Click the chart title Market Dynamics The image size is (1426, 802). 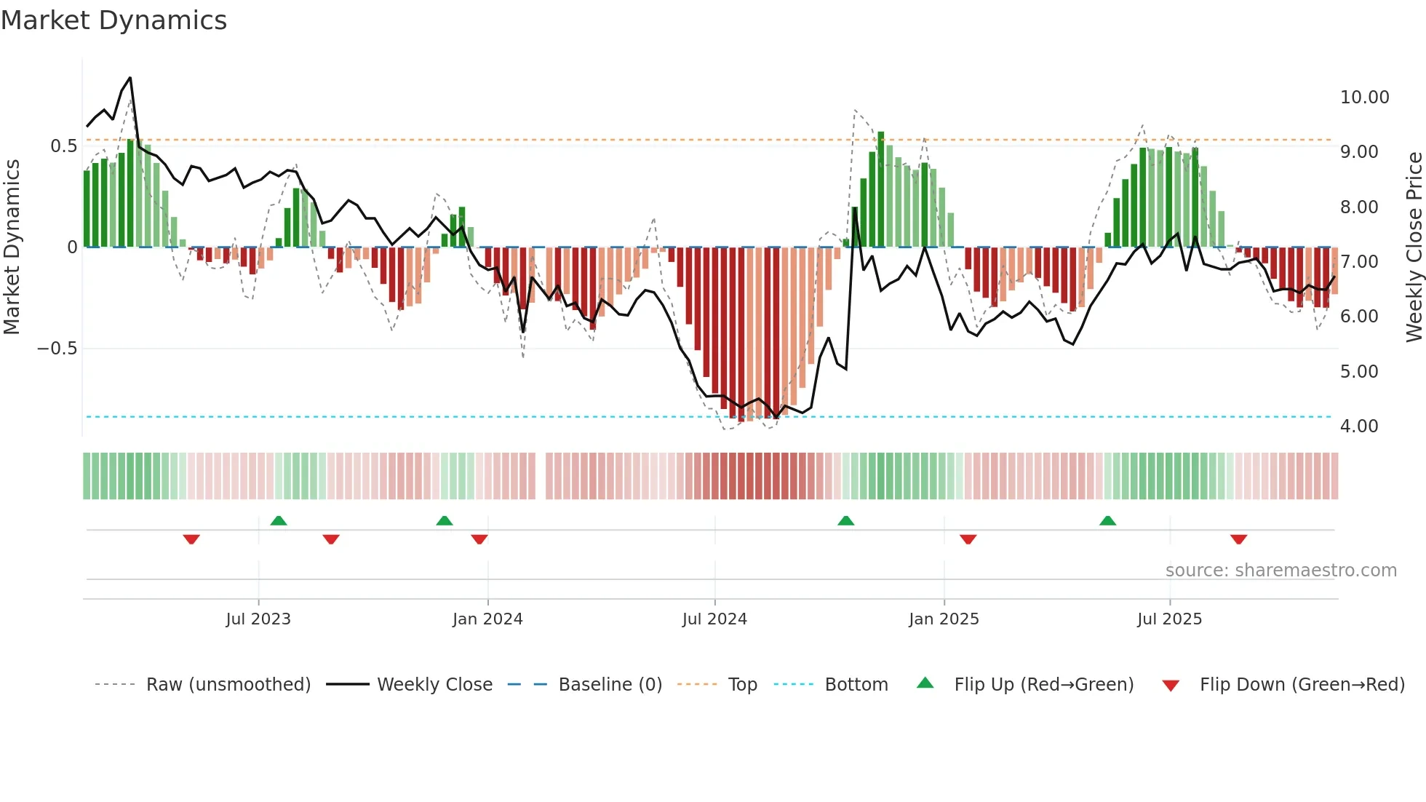coord(113,20)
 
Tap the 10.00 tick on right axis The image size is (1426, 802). coord(1364,98)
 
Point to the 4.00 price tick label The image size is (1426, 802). coord(1358,426)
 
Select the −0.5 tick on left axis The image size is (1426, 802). coord(57,349)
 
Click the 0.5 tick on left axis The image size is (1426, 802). coord(63,146)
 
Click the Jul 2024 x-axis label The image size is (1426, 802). coord(714,619)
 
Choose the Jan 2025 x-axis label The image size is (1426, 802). coord(944,619)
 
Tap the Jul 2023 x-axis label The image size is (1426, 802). coord(258,619)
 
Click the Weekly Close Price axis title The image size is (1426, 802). coord(1414,247)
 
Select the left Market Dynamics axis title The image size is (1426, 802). coord(12,247)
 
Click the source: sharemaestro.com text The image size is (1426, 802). coord(1280,571)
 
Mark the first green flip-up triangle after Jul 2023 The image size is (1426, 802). coord(278,521)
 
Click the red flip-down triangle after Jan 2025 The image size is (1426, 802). coord(968,539)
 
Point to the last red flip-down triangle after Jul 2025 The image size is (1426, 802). coord(1238,539)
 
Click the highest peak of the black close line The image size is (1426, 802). coord(130,78)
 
